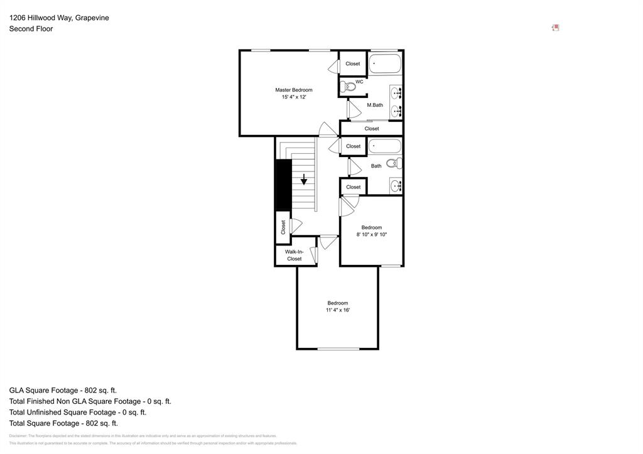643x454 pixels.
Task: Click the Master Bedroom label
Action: click(x=293, y=90)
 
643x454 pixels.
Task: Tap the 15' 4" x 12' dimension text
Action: click(x=293, y=97)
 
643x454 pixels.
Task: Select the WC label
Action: click(x=359, y=82)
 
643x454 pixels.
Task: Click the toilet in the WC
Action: click(x=347, y=87)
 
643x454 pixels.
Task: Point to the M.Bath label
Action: click(x=375, y=105)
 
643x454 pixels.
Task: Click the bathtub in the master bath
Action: click(x=385, y=63)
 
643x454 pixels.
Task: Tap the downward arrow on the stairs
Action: click(x=304, y=180)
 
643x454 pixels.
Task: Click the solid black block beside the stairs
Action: click(x=283, y=185)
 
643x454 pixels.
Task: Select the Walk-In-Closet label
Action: click(x=294, y=255)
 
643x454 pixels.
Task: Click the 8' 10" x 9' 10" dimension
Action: click(x=372, y=235)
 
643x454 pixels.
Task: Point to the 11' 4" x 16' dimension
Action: click(x=337, y=310)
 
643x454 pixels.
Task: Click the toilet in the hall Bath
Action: click(x=394, y=163)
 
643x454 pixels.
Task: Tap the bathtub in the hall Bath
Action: click(x=384, y=146)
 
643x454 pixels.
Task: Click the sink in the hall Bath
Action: click(x=396, y=186)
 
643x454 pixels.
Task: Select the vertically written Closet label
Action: click(x=283, y=227)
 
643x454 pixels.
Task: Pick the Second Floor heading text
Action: click(x=31, y=29)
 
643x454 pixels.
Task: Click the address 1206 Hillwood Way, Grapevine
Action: click(x=59, y=18)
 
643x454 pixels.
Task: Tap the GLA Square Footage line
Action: click(x=63, y=390)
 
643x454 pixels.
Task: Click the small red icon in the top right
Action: click(x=556, y=28)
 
